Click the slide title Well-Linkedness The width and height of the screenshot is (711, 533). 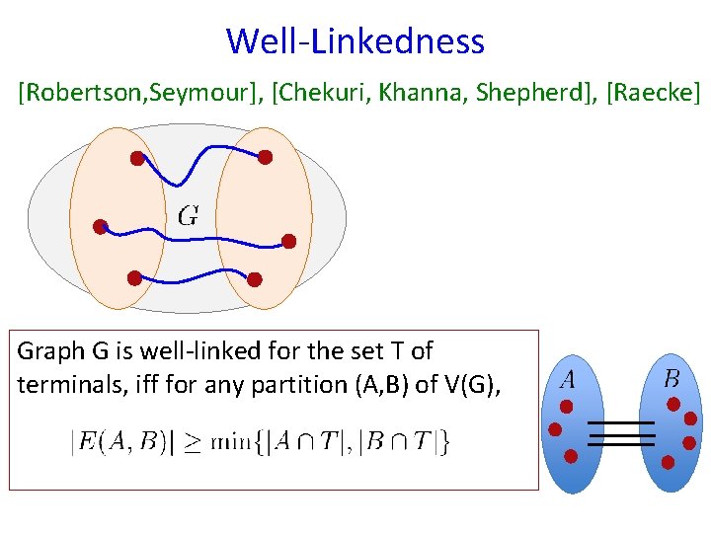click(355, 41)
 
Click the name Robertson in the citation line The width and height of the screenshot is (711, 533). click(68, 93)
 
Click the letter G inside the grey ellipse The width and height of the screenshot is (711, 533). click(188, 215)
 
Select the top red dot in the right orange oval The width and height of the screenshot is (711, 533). click(265, 156)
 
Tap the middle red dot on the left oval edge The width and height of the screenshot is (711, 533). click(100, 227)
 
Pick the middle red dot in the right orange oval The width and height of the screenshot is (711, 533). click(288, 241)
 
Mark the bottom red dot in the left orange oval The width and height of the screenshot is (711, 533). click(132, 277)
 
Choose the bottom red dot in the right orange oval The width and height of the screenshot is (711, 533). click(254, 278)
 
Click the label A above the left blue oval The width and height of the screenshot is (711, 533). click(568, 378)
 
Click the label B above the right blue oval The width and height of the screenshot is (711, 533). click(671, 378)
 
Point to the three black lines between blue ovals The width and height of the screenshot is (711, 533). click(621, 433)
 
